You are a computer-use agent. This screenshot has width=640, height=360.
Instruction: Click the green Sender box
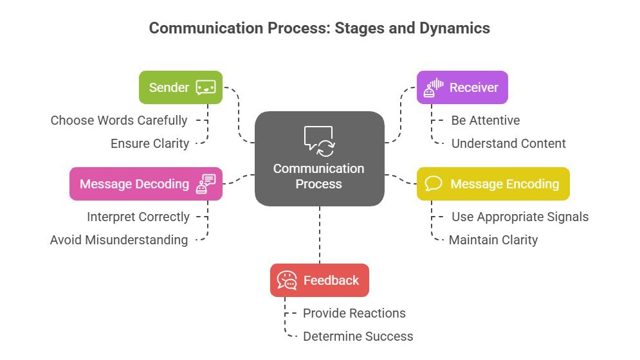[x=181, y=87]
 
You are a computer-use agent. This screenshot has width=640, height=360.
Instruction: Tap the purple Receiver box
[x=462, y=87]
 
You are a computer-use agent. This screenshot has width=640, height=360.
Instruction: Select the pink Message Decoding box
[x=146, y=184]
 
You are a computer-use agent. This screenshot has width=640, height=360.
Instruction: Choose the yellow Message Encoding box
[x=493, y=184]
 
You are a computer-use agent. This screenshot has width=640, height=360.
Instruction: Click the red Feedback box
[x=320, y=280]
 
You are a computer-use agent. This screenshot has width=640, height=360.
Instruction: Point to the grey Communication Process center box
[x=320, y=158]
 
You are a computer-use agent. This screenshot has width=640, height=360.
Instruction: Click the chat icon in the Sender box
[x=206, y=87]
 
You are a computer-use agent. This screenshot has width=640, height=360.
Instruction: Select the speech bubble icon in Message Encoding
[x=434, y=184]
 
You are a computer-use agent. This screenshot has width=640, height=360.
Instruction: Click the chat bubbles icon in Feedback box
[x=287, y=280]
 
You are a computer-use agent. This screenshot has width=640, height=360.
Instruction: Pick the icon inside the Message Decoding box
[x=206, y=184]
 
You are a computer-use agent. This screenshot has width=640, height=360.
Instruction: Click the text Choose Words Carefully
[x=119, y=120]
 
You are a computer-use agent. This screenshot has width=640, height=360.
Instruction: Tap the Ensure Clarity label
[x=150, y=143]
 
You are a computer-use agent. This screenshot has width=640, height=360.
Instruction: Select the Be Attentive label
[x=486, y=120]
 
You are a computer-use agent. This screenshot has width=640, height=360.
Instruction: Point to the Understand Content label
[x=509, y=143]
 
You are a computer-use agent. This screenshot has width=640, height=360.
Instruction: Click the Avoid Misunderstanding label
[x=119, y=240]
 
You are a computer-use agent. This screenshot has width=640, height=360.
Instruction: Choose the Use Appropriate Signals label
[x=520, y=217]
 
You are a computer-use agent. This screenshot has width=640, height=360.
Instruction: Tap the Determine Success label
[x=358, y=336]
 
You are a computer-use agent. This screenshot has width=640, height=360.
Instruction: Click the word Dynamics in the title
[x=455, y=28]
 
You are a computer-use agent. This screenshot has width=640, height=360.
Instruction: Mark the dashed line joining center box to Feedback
[x=320, y=235]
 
